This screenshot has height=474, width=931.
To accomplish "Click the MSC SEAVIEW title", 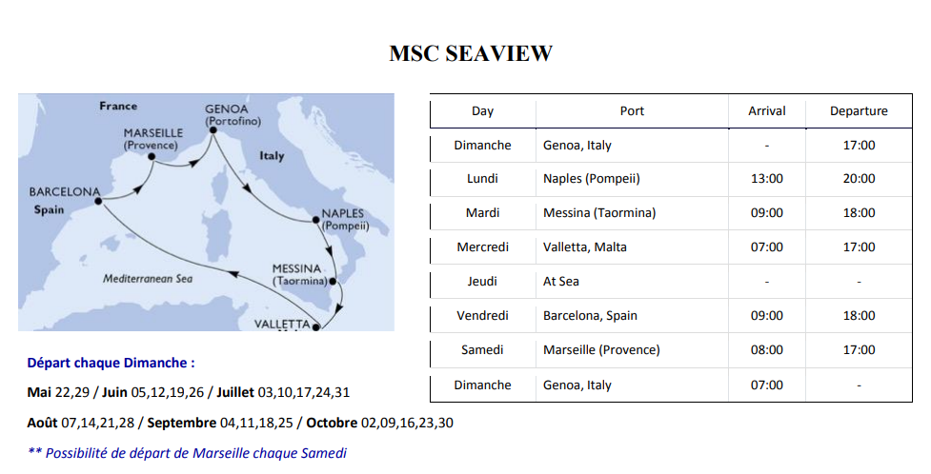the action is coord(471,53).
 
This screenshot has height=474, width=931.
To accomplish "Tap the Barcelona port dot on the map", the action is coord(98,201).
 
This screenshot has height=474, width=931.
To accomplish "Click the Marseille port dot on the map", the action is coord(152,157).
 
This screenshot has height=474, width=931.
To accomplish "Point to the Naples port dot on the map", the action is coord(315,220).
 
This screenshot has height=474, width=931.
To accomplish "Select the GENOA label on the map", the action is coord(226,109).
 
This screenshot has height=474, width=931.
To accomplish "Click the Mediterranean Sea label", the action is coord(148,278).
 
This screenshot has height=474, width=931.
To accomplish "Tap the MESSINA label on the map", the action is coord(297,268).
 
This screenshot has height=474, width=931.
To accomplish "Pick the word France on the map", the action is coord(118,107).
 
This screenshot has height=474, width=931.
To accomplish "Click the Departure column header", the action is coord(859,111).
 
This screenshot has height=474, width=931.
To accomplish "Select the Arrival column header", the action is coord(766,111).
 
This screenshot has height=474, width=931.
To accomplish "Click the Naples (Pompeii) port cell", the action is coord(592,179).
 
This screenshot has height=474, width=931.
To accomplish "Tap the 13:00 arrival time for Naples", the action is coord(766,179).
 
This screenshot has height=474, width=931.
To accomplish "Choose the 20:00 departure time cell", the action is coord(859,179).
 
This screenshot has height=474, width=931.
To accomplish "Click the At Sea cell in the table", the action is coord(560,281).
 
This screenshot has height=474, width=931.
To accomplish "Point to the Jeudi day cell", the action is coord(482,281).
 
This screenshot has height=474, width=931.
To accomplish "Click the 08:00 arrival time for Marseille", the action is coord(766,350).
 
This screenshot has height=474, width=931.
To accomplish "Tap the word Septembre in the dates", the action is coord(182,423).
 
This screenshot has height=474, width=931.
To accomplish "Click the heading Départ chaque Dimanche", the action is coord(111,363).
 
